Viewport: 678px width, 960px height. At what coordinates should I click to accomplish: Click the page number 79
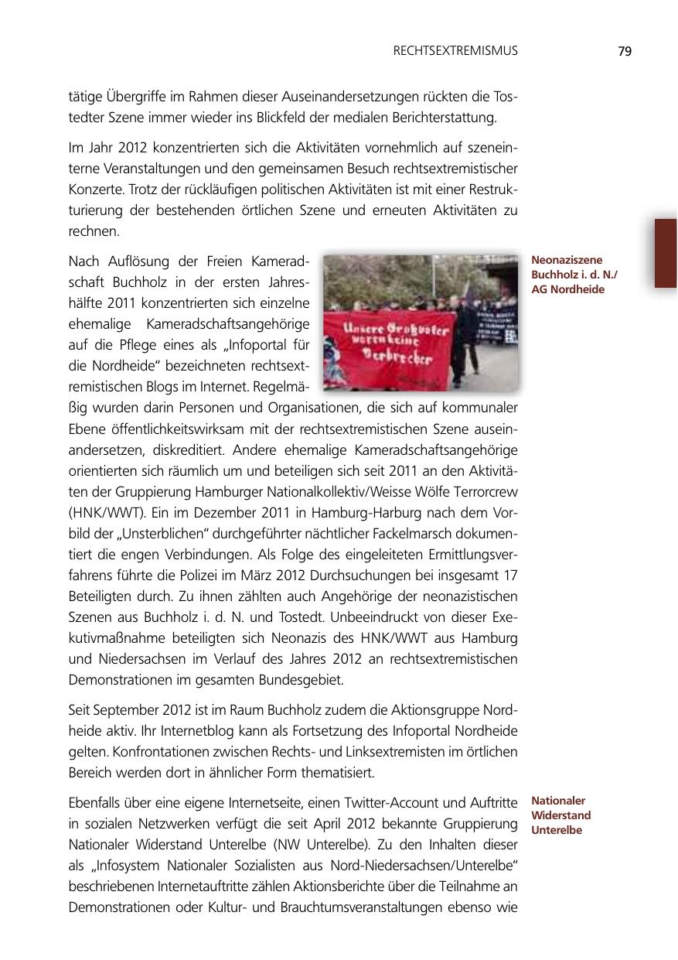tap(625, 51)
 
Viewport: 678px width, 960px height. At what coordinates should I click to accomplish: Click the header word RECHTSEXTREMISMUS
tap(455, 51)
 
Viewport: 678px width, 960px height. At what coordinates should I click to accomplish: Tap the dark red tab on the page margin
tap(666, 253)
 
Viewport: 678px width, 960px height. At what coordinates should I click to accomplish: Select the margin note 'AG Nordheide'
tap(561, 289)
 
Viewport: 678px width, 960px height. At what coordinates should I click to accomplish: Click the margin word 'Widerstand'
tap(561, 815)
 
